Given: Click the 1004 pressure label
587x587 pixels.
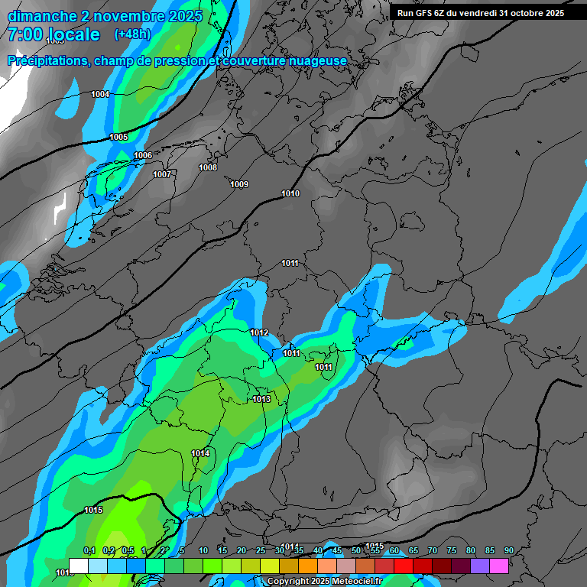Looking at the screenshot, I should pyautogui.click(x=100, y=94).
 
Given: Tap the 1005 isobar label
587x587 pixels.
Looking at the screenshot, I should pyautogui.click(x=118, y=137).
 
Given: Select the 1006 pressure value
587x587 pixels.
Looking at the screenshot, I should pyautogui.click(x=143, y=155).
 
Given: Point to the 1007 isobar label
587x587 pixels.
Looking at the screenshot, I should pyautogui.click(x=162, y=174).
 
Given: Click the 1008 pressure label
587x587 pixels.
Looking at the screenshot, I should pyautogui.click(x=208, y=167).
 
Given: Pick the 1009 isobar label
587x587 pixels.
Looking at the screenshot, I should pyautogui.click(x=239, y=184).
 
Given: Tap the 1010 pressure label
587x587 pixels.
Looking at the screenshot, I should pyautogui.click(x=290, y=193).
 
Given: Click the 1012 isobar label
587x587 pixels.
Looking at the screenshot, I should pyautogui.click(x=259, y=332).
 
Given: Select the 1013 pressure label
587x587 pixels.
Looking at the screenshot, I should pyautogui.click(x=261, y=399).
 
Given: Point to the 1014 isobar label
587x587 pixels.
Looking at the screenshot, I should pyautogui.click(x=200, y=453).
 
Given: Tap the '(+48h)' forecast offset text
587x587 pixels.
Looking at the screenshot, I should pyautogui.click(x=132, y=34).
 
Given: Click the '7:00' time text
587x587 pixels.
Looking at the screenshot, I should pyautogui.click(x=25, y=34).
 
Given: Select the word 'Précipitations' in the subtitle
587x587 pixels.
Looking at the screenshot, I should pyautogui.click(x=47, y=60).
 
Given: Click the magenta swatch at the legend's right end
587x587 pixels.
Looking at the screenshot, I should pyautogui.click(x=499, y=566).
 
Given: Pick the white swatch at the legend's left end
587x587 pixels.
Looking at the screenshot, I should pyautogui.click(x=78, y=566).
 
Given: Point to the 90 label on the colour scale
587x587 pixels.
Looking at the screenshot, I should pyautogui.click(x=508, y=550).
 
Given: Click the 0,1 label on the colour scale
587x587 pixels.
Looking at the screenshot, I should pyautogui.click(x=89, y=550).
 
